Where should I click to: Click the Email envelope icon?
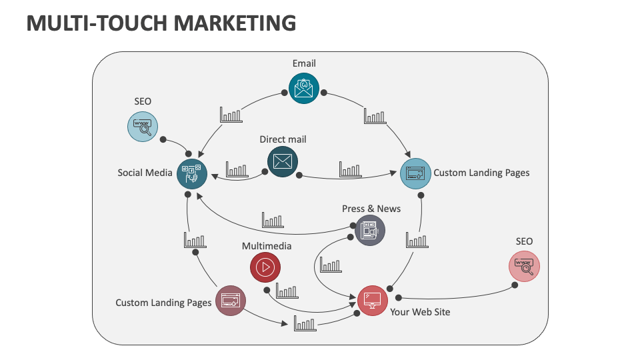click(x=304, y=87)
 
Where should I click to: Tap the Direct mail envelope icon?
click(x=283, y=161)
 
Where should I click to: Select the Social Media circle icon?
click(x=192, y=173)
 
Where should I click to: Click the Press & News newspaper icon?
click(x=370, y=231)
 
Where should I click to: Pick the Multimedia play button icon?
click(x=265, y=267)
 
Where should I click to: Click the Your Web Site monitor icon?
click(x=373, y=299)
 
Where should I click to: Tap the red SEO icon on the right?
click(x=524, y=266)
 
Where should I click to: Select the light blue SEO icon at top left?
click(x=143, y=126)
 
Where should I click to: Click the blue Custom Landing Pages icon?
click(x=415, y=173)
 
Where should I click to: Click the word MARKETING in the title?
click(x=235, y=23)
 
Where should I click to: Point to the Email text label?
click(x=304, y=63)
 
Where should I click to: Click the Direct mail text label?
click(x=283, y=139)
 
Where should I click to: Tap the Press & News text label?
click(x=371, y=209)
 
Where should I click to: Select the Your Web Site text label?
click(x=420, y=311)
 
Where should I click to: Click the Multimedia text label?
click(x=267, y=246)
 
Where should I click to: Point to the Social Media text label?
click(x=145, y=173)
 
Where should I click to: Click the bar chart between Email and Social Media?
click(x=231, y=115)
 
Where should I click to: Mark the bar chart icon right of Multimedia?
click(x=287, y=291)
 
